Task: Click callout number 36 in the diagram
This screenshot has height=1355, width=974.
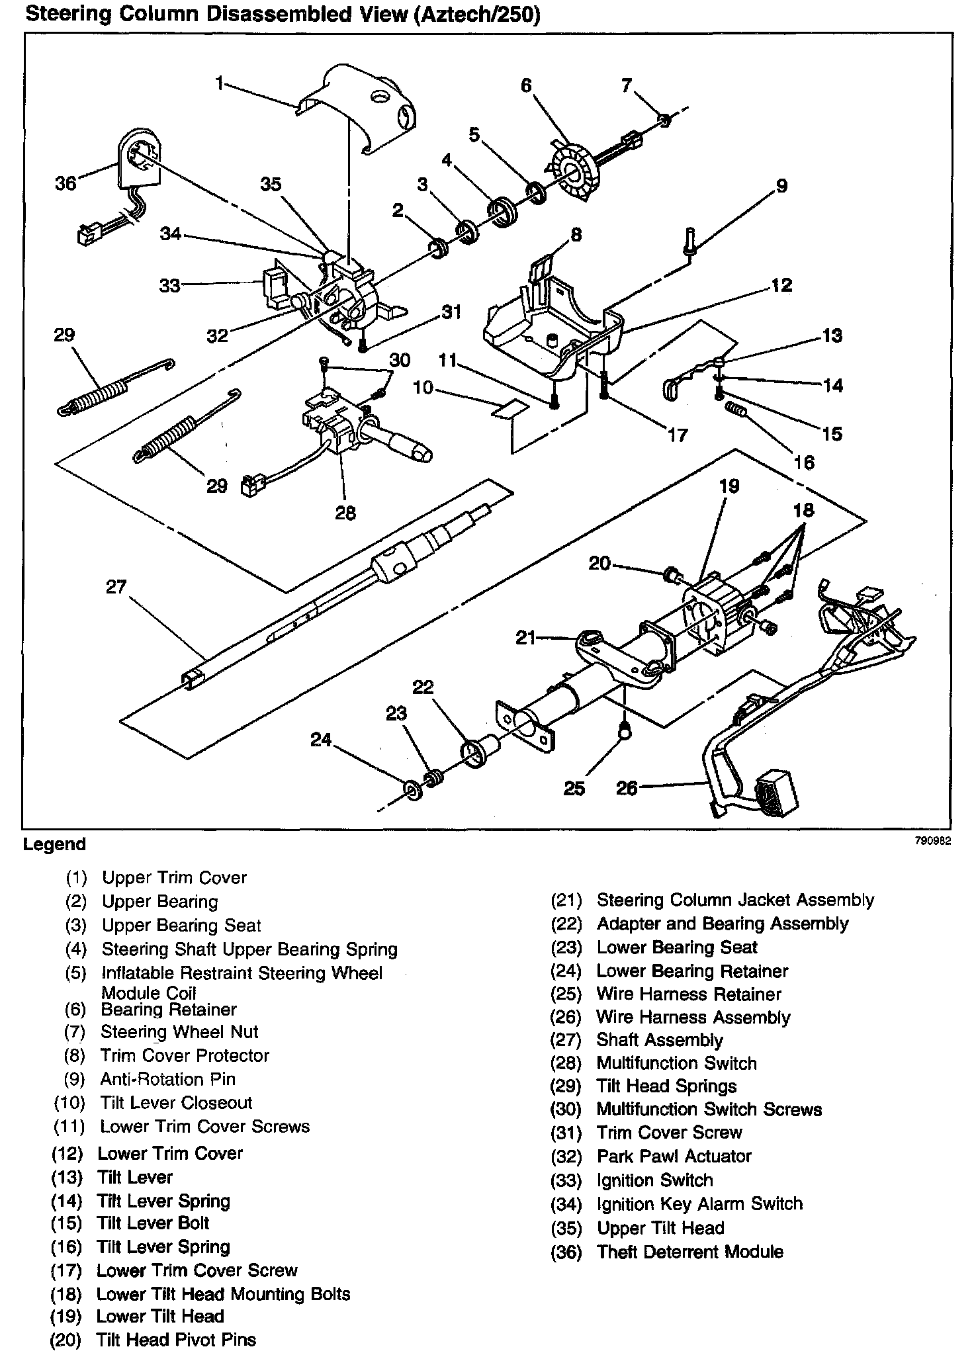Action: [x=66, y=183]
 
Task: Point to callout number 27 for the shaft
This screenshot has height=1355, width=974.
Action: [x=116, y=587]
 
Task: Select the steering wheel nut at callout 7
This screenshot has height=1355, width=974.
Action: [x=664, y=119]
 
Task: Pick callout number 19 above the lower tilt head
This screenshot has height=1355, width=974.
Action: [x=729, y=486]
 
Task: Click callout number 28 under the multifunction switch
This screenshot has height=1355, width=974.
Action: [x=345, y=512]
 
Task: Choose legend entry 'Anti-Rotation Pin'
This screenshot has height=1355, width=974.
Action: [x=168, y=1079]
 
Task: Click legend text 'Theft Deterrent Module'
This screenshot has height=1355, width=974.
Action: [x=689, y=1252]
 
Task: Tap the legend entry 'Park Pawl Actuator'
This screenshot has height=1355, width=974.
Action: [x=674, y=1156]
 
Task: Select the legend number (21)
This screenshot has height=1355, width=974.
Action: [x=566, y=900]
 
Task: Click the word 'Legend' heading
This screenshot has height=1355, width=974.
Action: [x=54, y=845]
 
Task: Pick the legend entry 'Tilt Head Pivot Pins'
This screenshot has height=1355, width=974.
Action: [x=176, y=1340]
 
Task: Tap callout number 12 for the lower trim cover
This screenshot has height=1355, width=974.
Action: [x=781, y=285]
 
